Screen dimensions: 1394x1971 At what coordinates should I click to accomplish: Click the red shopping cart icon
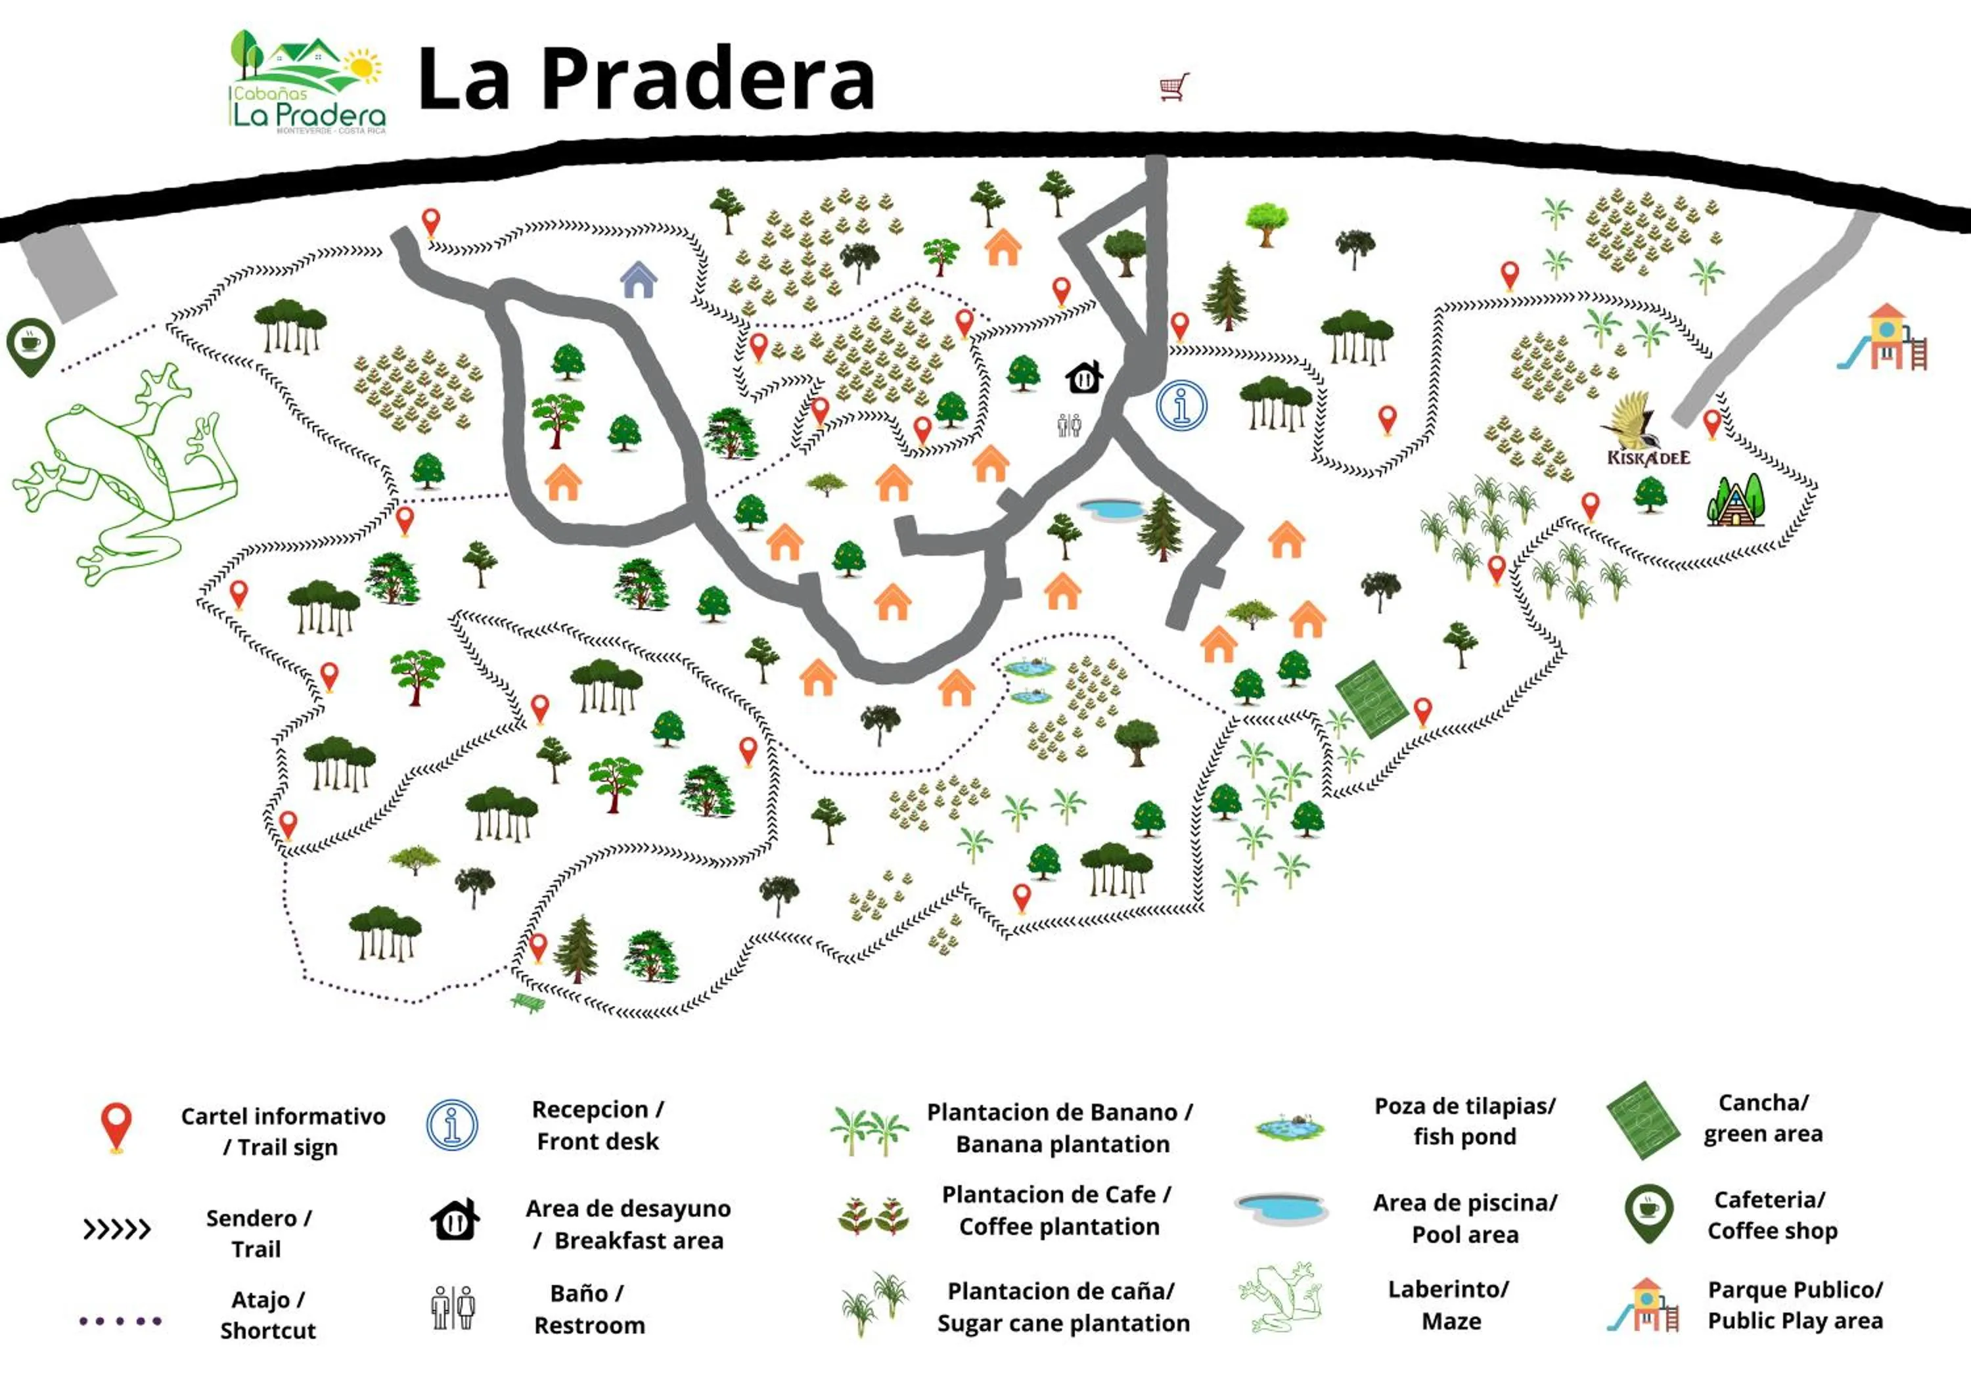(1174, 87)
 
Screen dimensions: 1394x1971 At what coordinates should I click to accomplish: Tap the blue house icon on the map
(639, 280)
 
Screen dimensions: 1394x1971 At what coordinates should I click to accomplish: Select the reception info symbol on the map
(1181, 405)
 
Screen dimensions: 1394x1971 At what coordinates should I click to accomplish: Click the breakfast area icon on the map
(1084, 377)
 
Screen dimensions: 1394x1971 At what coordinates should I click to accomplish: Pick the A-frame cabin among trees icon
(1735, 501)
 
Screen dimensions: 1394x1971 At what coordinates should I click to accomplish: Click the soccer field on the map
(1372, 699)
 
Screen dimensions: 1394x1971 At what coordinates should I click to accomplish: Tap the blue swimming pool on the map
(1111, 509)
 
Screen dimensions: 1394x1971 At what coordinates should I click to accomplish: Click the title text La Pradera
(646, 78)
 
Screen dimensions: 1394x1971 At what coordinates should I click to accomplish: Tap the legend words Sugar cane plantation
(1063, 1323)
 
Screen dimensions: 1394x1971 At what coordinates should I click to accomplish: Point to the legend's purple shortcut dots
(120, 1320)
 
